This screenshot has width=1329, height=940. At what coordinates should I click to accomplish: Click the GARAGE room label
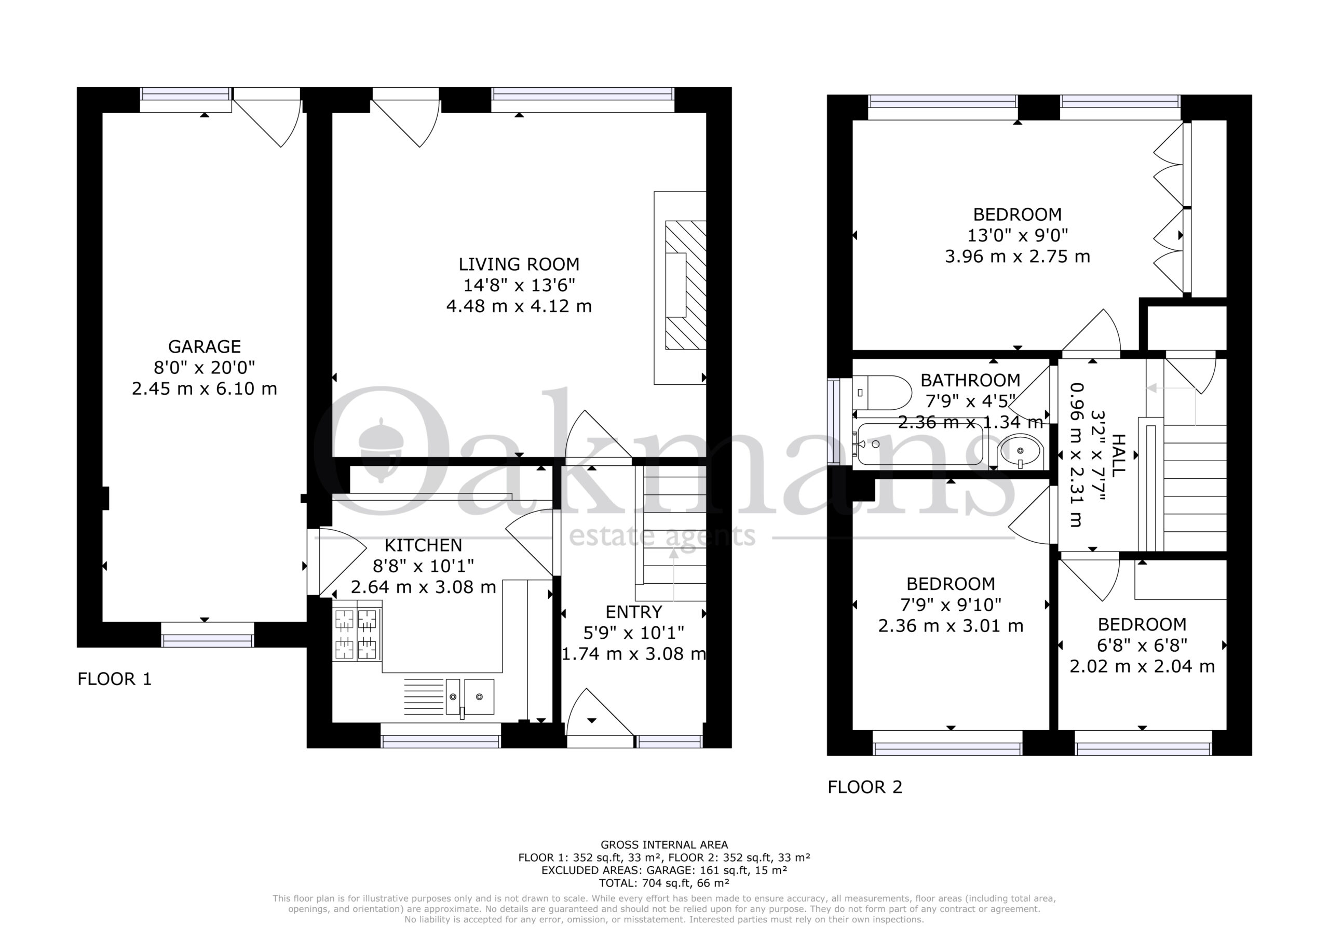pos(205,346)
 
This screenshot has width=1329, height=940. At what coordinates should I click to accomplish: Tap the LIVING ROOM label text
pos(519,264)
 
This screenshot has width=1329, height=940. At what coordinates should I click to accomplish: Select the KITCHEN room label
pos(423,545)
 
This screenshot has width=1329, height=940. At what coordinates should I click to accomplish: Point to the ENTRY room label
pos(633,612)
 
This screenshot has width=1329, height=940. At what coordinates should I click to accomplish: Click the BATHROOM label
pos(970,381)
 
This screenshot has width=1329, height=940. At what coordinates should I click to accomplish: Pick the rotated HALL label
pos(1119,456)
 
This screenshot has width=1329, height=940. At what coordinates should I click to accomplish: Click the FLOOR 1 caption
pos(115,679)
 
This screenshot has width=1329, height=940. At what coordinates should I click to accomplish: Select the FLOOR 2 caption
pos(865,787)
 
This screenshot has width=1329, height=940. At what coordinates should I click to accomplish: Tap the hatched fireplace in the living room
pos(686,285)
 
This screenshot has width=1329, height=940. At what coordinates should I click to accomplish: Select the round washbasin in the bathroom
pos(1021,451)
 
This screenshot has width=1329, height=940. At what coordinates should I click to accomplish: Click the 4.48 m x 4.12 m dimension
pos(519,306)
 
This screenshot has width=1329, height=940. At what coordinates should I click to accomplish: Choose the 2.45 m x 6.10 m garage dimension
pos(205,388)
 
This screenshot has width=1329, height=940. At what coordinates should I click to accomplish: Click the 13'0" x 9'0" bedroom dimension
pos(1018,235)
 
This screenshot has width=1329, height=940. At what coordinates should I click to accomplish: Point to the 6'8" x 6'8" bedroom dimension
pos(1142,645)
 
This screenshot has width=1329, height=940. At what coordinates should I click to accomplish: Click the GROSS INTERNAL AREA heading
pos(664,845)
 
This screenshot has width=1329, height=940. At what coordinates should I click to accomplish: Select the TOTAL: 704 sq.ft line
pos(664,883)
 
